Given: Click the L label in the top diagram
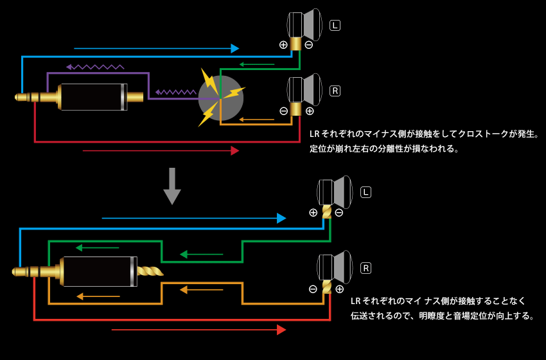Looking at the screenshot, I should click(x=335, y=26).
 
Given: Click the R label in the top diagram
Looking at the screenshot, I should click(x=335, y=91).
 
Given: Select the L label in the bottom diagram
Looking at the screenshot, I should click(x=366, y=192).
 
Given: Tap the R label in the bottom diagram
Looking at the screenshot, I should click(x=366, y=268).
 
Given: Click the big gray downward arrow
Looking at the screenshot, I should click(x=172, y=186).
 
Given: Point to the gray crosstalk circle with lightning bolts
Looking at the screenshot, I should click(x=220, y=98).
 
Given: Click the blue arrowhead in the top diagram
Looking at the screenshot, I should click(x=235, y=49).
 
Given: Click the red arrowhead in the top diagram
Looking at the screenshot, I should click(x=235, y=150).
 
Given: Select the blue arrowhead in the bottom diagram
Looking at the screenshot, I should click(x=281, y=219).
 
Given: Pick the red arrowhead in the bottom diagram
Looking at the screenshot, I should click(x=281, y=330).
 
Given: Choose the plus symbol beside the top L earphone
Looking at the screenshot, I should click(x=283, y=45).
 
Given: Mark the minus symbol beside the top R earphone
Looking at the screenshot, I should click(x=283, y=111).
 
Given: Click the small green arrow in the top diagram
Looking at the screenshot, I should click(x=257, y=64).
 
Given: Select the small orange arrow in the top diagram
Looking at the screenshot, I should click(x=256, y=120).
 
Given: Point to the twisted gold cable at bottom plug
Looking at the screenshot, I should click(x=150, y=271).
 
